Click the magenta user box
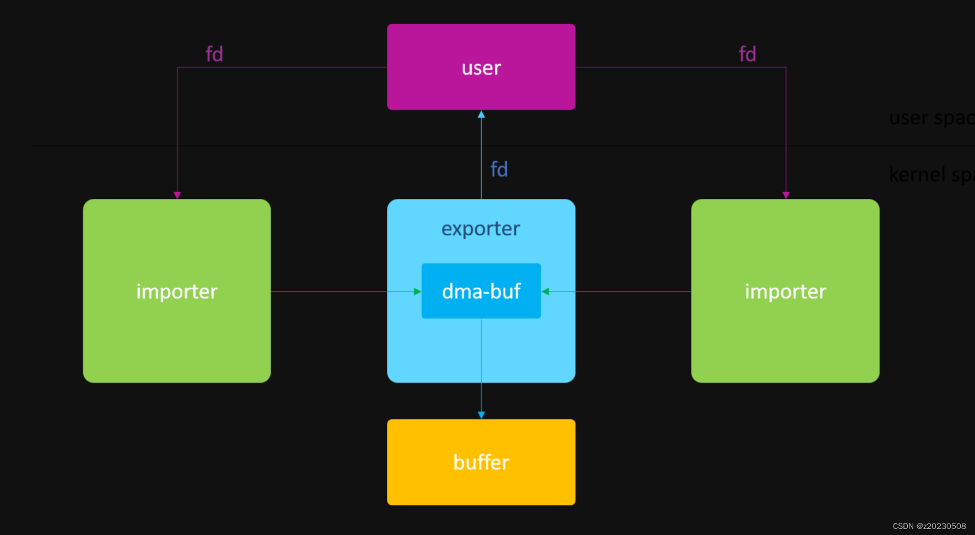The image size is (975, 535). tap(481, 67)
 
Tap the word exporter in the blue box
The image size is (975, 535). tap(481, 229)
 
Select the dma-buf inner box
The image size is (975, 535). tap(481, 291)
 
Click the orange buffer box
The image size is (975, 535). tap(481, 462)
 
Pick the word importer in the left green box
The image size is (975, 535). tap(177, 291)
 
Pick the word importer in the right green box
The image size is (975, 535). tap(785, 291)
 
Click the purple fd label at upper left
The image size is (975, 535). tap(214, 54)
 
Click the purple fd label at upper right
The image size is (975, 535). tap(747, 54)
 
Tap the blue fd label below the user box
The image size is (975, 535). tap(499, 169)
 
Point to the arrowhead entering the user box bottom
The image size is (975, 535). tap(481, 115)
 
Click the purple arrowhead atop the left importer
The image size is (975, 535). tap(177, 195)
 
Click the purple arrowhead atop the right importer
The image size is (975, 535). tap(786, 195)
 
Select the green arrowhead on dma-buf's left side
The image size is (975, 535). tap(417, 291)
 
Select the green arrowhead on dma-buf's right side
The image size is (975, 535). tap(546, 291)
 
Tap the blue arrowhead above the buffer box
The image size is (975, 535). tap(481, 415)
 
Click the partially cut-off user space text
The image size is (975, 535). tap(930, 118)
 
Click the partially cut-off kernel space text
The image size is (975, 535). tap(930, 175)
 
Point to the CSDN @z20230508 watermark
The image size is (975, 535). tap(929, 526)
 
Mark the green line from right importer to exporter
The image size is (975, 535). tap(633, 291)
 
